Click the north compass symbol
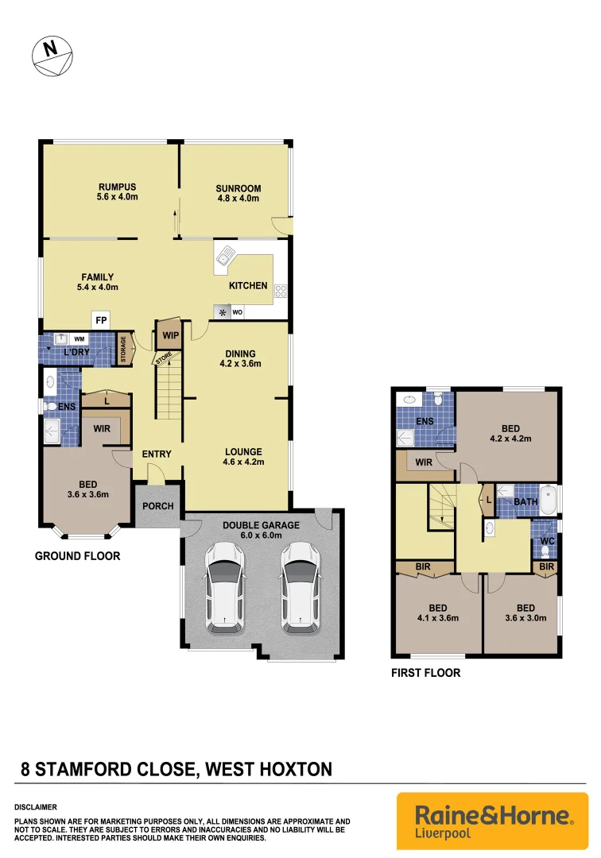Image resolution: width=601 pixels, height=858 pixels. coord(52,56)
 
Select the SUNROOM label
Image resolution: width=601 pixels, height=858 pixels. coord(238,194)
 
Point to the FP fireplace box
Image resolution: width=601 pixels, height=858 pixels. coord(101,320)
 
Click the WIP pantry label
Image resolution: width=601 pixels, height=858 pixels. coord(169,335)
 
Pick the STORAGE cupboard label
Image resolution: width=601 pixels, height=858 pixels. coord(124,350)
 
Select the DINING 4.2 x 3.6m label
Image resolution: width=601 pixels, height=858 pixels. coord(239,359)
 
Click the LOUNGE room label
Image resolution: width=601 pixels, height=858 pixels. coord(242,456)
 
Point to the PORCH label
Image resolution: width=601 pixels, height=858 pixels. coord(157,506)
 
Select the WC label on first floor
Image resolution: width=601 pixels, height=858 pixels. coord(546,541)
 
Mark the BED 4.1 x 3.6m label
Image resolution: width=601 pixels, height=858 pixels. coord(437,613)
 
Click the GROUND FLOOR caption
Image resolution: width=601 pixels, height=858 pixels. coord(77,556)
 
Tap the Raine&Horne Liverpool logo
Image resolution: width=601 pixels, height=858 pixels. coord(492,820)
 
